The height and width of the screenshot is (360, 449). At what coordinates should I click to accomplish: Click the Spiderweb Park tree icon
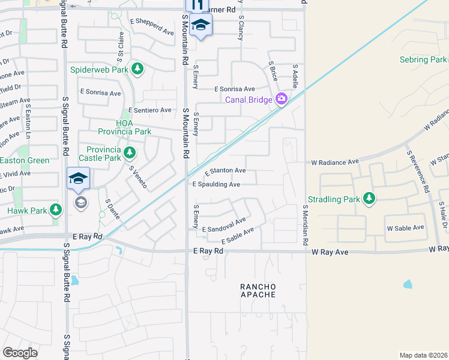[x=138, y=70]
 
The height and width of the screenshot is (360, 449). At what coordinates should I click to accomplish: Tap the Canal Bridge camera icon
[x=281, y=100]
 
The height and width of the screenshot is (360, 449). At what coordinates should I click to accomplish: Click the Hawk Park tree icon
[x=56, y=210]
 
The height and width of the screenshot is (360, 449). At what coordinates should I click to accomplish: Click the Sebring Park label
[x=423, y=59]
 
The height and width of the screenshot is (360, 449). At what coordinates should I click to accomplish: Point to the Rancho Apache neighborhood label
[x=258, y=290]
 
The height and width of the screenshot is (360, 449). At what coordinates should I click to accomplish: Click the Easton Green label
[x=25, y=160]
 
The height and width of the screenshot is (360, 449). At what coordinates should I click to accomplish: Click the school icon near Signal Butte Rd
[x=78, y=179]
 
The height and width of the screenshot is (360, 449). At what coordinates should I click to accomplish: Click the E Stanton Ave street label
[x=224, y=172]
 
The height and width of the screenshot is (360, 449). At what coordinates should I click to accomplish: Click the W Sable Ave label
[x=405, y=228]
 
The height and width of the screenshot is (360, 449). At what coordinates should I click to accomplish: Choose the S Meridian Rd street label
[x=305, y=225]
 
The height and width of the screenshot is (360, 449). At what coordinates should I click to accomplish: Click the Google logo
[x=20, y=353]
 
